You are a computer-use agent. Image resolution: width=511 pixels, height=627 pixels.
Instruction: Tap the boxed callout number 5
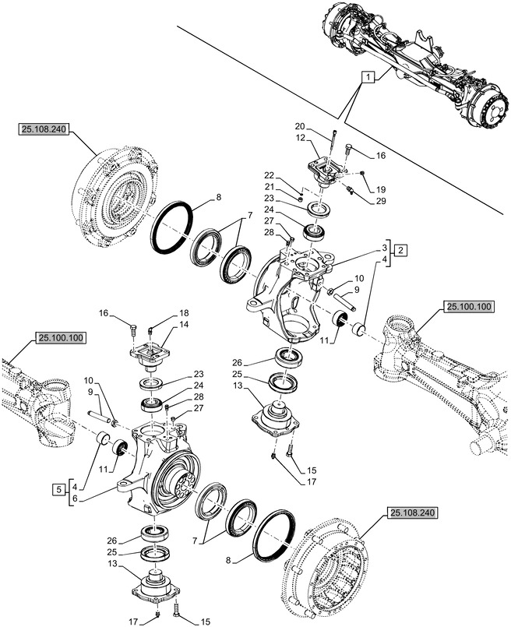tap(59, 488)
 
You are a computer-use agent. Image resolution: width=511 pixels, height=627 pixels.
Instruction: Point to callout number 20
tap(300, 126)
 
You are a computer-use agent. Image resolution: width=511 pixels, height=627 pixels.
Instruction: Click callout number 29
tap(380, 202)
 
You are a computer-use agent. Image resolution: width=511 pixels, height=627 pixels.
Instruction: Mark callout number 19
tap(381, 189)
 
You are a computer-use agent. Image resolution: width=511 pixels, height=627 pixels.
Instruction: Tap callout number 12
tap(300, 138)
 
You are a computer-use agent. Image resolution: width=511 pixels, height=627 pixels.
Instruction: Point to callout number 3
tap(384, 246)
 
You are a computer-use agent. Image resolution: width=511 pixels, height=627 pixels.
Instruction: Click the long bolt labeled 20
tap(333, 148)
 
